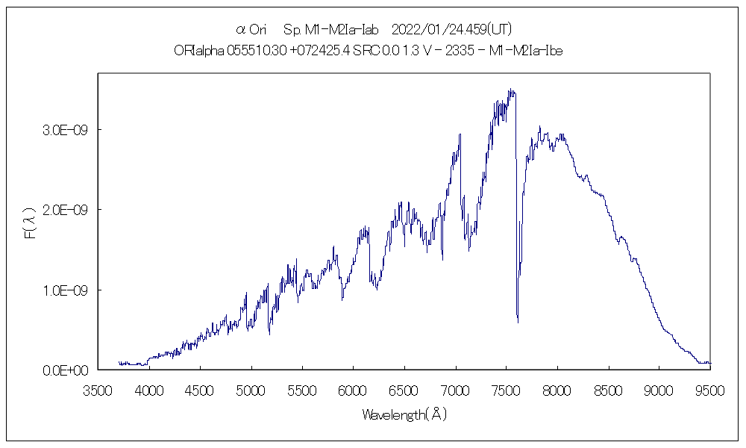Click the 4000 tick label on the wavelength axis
coord(149,389)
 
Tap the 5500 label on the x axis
coord(302,389)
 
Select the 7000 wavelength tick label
coord(455,389)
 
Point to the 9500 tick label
coord(709,389)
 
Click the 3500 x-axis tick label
coord(98,389)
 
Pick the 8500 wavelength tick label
coord(608,389)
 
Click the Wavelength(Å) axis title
coord(404,414)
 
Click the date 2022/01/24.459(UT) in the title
coord(451,30)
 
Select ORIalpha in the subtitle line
coord(192,50)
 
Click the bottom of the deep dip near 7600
coord(518,322)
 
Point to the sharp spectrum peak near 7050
coord(460,134)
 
